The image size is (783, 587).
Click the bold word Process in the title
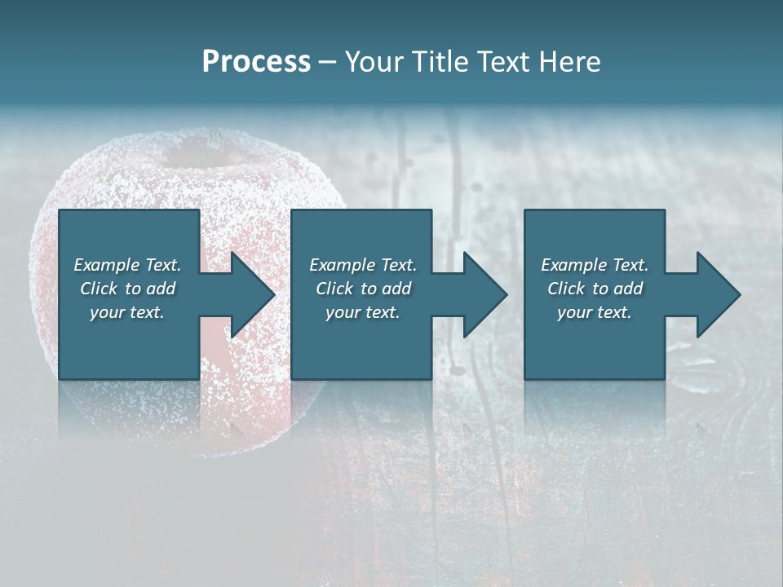(x=256, y=62)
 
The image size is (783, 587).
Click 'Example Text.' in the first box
(x=127, y=265)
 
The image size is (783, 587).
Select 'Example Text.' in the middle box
(x=363, y=265)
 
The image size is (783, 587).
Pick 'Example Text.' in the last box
(x=595, y=265)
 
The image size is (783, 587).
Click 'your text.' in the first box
(x=127, y=312)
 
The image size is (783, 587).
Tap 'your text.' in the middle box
(x=363, y=312)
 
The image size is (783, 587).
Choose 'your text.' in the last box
(x=595, y=312)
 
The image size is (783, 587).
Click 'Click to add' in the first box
(x=127, y=289)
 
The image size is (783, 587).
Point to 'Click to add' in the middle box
(x=363, y=289)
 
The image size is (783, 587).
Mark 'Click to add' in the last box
(x=595, y=289)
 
